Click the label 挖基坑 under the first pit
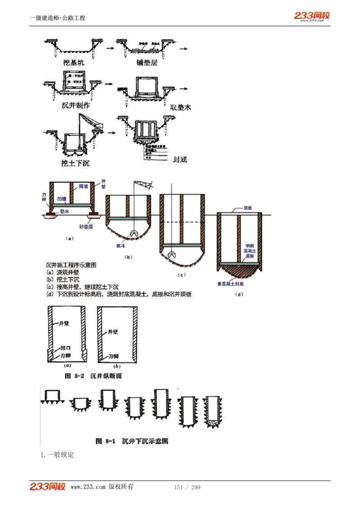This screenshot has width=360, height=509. click(73, 63)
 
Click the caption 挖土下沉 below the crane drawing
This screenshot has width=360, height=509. click(76, 162)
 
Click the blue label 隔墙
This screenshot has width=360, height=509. click(84, 186)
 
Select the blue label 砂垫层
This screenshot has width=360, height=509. click(86, 227)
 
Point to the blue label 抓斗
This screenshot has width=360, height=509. click(121, 246)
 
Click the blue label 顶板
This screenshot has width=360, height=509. click(247, 208)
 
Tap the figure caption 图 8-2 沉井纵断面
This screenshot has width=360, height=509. click(93, 375)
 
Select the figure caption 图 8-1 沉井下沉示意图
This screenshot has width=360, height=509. click(132, 441)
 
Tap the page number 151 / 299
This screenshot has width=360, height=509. click(187, 487)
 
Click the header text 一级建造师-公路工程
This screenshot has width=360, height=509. click(58, 18)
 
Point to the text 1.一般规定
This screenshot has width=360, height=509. click(57, 455)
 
